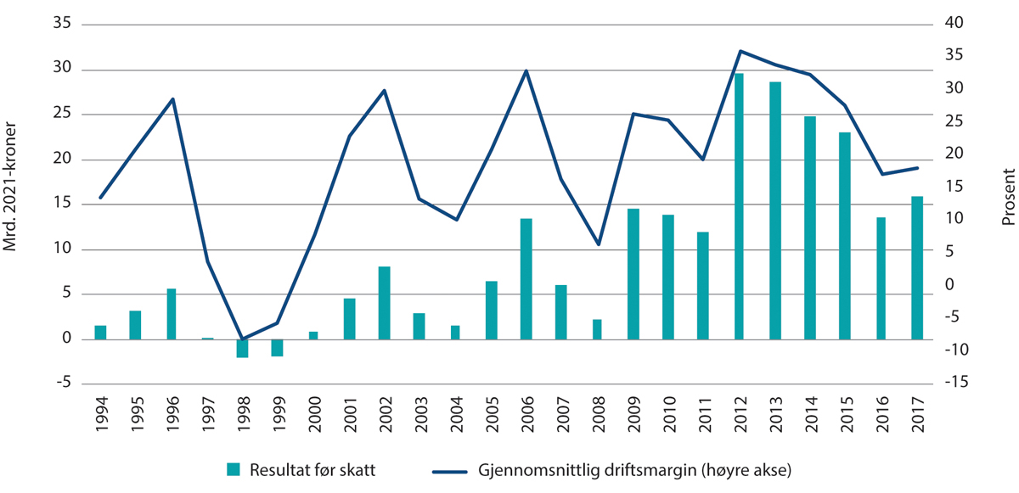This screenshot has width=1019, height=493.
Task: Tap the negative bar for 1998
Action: (243, 348)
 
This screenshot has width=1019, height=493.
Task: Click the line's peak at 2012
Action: (740, 51)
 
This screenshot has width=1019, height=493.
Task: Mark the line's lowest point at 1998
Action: (243, 339)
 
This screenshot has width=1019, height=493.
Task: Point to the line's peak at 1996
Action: (172, 99)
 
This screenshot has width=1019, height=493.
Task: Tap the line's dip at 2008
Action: (598, 244)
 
